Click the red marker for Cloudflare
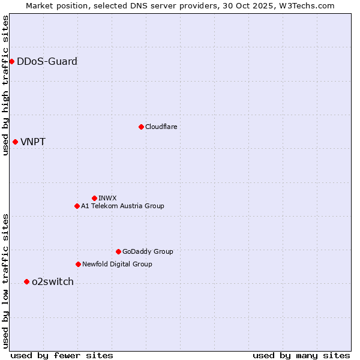pos(141,127)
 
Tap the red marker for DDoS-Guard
pos(11,61)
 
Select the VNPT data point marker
pos(15,142)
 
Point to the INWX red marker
pos(94,198)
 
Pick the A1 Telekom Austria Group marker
pos(77,206)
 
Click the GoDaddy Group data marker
pos(118,251)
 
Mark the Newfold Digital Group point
pos(78,264)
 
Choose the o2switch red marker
pos(26,281)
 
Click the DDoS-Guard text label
pos(47,61)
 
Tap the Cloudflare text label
pos(161,127)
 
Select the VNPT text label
pos(33,142)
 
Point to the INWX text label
pos(107,198)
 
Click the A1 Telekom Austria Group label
pos(122,206)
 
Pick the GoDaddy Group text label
pos(148,251)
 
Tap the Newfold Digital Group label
pos(117,264)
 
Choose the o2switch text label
pos(52,282)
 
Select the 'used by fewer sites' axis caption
pos(62,355)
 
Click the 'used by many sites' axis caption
pos(301,355)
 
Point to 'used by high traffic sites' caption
pos(5,85)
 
